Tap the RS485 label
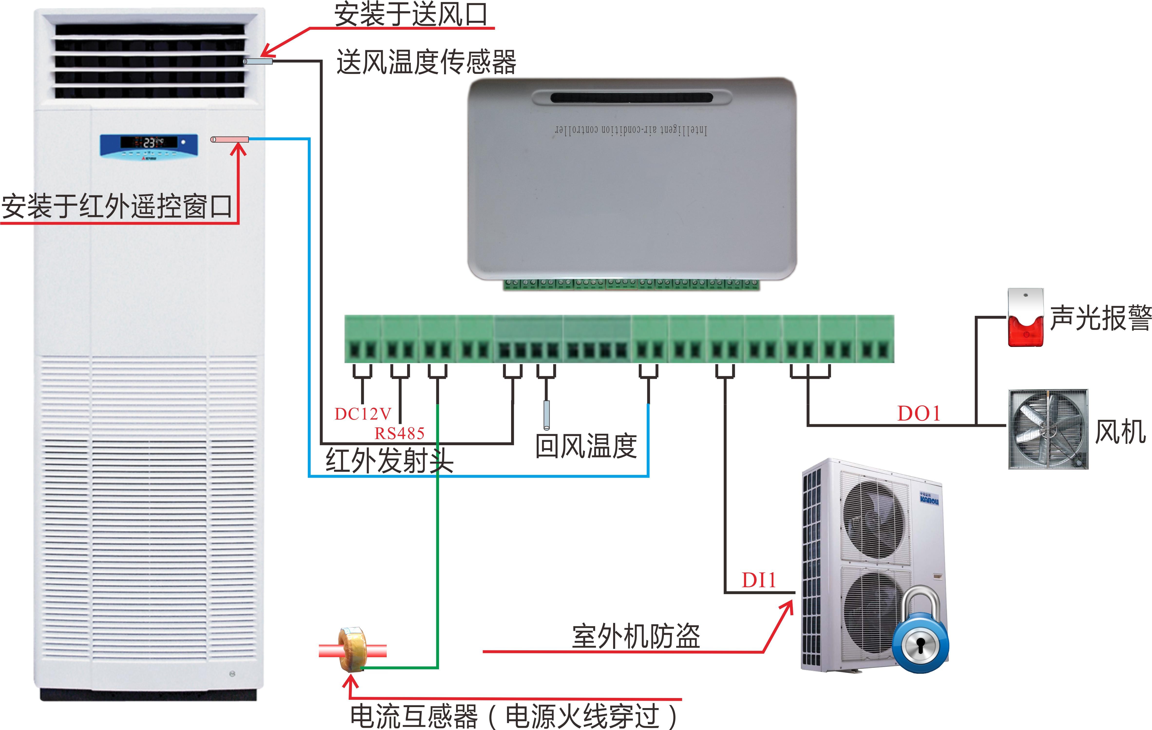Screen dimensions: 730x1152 click(x=400, y=433)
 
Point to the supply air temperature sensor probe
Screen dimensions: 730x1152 click(x=258, y=61)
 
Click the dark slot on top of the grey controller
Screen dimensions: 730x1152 click(x=631, y=98)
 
